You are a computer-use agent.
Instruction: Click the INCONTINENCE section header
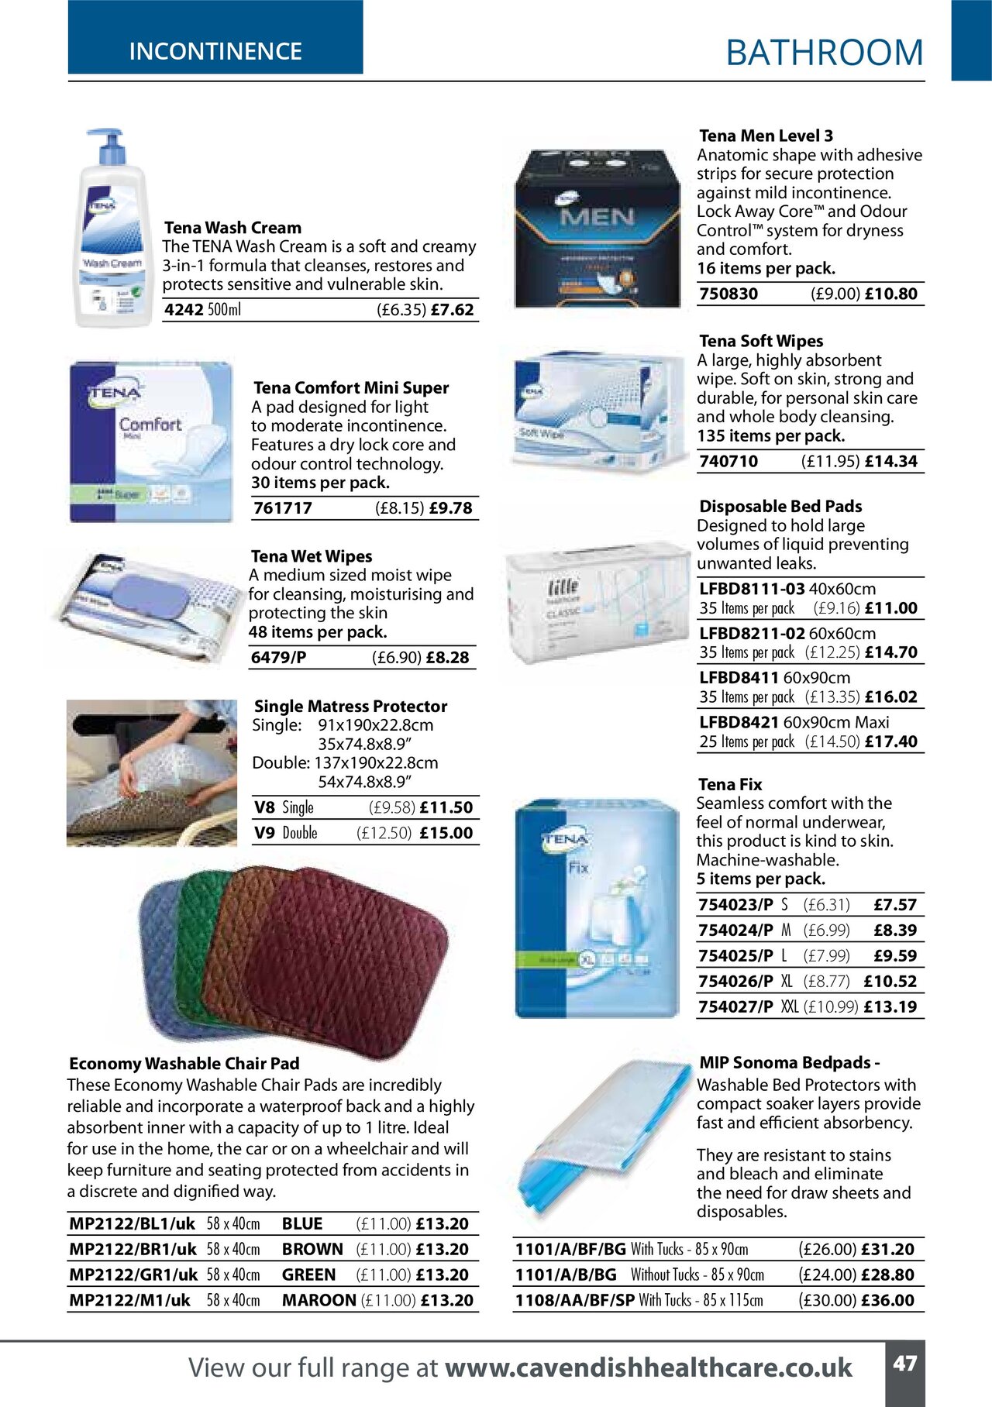point(215,51)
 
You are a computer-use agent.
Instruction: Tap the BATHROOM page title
point(825,53)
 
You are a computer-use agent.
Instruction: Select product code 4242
point(184,310)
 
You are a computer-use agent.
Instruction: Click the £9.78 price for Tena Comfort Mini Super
point(450,508)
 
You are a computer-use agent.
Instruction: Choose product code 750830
point(728,294)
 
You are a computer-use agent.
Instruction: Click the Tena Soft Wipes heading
point(761,341)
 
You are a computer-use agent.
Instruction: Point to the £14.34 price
point(890,462)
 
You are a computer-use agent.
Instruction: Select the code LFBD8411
point(739,678)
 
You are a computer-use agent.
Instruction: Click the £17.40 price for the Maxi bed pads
point(890,742)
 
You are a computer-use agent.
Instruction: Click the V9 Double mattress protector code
point(265,833)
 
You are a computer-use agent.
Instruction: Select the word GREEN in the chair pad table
point(308,1275)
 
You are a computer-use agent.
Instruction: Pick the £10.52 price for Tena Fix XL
point(890,982)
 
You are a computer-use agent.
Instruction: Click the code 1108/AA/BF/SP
point(575,1300)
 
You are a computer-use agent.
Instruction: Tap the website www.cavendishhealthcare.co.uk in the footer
point(648,1368)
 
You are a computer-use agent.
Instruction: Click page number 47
point(904,1364)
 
